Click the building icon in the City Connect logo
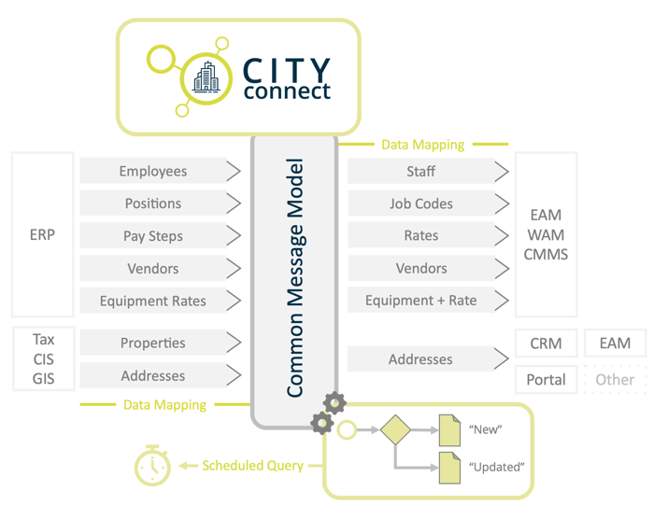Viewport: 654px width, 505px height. [206, 78]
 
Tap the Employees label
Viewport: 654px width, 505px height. [152, 171]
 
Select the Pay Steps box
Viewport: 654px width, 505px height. [152, 236]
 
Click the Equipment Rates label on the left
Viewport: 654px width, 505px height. [152, 301]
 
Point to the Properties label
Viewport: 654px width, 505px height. [152, 343]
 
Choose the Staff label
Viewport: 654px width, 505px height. [420, 171]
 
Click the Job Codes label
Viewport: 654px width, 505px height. [420, 203]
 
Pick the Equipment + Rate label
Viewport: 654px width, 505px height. [420, 301]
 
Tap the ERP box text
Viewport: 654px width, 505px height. [42, 235]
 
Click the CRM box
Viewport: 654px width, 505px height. [546, 344]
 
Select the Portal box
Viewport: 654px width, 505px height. [546, 379]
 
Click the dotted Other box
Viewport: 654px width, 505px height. [615, 379]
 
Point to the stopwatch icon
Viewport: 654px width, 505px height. [151, 466]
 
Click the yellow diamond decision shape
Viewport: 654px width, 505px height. [395, 430]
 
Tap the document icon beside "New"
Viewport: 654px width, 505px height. [450, 430]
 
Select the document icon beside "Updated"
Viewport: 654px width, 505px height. [450, 467]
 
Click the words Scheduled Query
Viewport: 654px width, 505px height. [252, 465]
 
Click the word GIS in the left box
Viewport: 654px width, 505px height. [43, 379]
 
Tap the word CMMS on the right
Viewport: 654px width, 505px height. [546, 254]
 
